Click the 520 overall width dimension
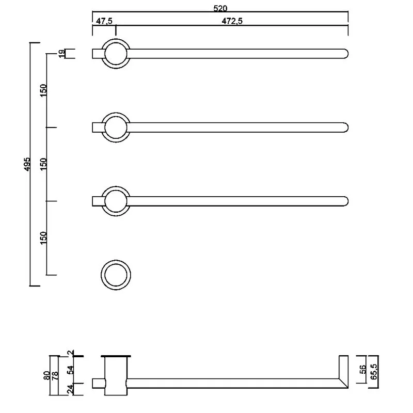(220, 8)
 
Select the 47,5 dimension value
(104, 21)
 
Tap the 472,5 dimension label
(232, 21)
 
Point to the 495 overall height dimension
(27, 164)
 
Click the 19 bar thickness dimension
(61, 54)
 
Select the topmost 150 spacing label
(43, 90)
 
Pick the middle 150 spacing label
(43, 164)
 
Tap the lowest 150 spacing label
(43, 238)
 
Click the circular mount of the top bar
(116, 39)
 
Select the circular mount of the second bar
(116, 113)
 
